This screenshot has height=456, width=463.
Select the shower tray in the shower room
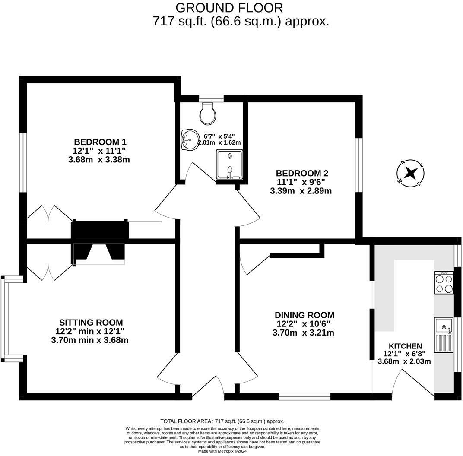(230, 164)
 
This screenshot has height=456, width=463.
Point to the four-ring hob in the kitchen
(444, 283)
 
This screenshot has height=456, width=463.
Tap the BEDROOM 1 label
(100, 142)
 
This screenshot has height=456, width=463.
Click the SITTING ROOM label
(91, 323)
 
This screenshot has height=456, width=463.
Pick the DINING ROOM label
(304, 315)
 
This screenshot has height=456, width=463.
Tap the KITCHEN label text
(405, 346)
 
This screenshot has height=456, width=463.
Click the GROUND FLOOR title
(229, 7)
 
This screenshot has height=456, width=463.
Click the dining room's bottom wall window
(304, 396)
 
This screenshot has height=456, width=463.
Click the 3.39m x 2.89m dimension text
(301, 190)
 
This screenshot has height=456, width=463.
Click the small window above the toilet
(211, 98)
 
